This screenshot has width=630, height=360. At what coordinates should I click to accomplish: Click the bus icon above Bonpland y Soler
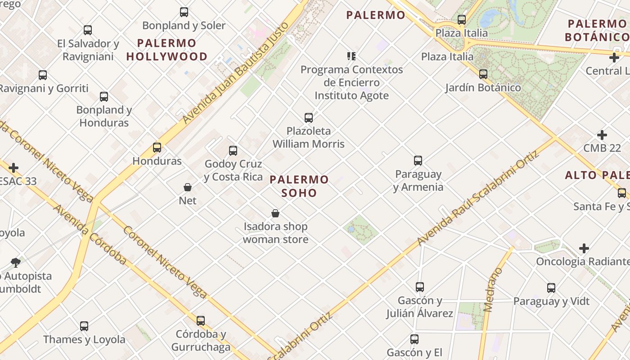tap(184, 12)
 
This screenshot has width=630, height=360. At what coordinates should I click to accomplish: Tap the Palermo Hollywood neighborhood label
tap(167, 50)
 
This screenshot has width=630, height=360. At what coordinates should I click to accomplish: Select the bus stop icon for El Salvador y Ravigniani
tap(88, 30)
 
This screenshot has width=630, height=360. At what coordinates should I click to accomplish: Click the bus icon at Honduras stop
tap(157, 147)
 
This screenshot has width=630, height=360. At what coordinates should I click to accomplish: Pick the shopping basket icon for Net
tap(188, 187)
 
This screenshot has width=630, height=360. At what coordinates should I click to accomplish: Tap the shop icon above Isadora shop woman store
tap(275, 213)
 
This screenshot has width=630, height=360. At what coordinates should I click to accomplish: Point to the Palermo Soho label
tap(299, 186)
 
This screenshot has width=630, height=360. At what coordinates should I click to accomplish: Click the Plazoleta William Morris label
tap(309, 138)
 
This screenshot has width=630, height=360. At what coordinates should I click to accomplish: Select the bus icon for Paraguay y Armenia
tap(418, 160)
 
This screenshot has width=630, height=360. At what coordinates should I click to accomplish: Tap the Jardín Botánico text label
tap(483, 88)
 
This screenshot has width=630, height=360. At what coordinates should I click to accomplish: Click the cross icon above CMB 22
tap(602, 135)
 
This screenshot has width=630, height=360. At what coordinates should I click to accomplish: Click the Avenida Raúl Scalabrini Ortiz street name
tap(478, 198)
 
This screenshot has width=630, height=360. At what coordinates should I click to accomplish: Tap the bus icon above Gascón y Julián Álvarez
tap(420, 287)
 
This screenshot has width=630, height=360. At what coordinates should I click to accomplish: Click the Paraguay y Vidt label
tap(551, 301)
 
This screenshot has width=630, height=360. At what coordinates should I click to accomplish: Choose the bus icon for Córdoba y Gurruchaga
tap(201, 320)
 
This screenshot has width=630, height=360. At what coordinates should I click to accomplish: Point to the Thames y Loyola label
tap(84, 339)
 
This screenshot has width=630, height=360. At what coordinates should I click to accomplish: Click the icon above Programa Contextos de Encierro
tap(351, 56)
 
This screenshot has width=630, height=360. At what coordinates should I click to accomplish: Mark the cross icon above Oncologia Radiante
tap(584, 248)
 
